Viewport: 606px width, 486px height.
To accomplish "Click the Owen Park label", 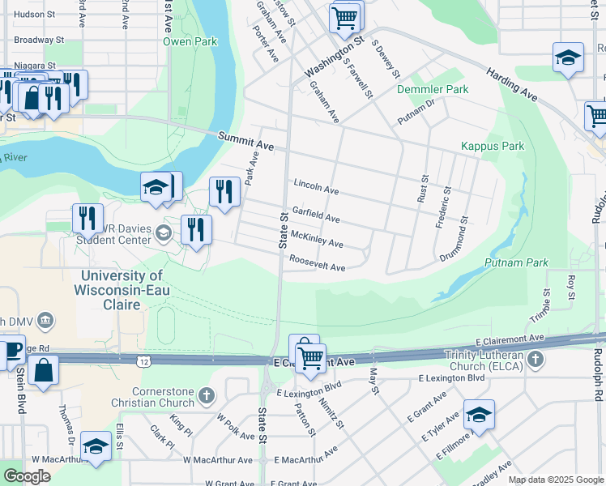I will tap(190, 41).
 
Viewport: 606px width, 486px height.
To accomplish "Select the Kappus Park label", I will tap(493, 147).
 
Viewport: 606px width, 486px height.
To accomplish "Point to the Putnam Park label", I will tap(516, 263).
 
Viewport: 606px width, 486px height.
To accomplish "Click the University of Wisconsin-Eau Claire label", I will tap(120, 290).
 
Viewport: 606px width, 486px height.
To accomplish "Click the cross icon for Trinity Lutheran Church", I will tap(535, 358).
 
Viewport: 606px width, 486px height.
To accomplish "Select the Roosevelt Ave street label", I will tap(318, 264).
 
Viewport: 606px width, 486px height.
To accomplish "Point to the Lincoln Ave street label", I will tap(316, 187).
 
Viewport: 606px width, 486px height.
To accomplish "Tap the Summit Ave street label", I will tap(246, 143).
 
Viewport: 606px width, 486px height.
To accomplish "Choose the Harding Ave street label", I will tap(512, 84).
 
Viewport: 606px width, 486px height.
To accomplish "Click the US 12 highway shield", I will tap(143, 358).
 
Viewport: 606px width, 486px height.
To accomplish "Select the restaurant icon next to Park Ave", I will tap(224, 191).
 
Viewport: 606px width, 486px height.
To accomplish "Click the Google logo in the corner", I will tap(27, 475).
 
